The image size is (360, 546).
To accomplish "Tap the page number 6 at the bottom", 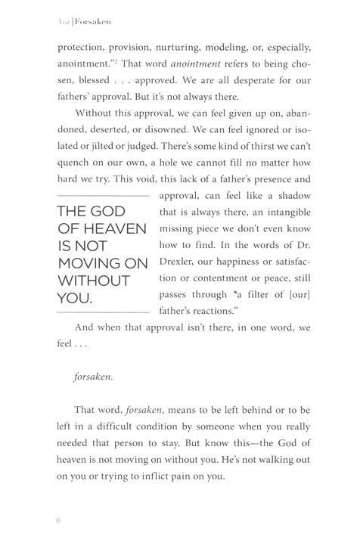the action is (58, 521).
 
